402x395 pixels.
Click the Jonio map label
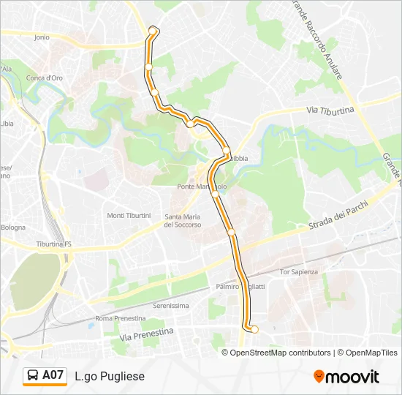coord(41,37)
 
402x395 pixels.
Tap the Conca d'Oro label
coord(44,78)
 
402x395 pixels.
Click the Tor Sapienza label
coord(300,272)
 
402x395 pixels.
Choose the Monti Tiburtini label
coord(129,216)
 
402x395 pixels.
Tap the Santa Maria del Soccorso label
coord(183,220)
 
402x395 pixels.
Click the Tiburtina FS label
coord(54,244)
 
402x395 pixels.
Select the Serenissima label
coord(171,305)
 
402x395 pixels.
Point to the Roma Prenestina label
coord(121,318)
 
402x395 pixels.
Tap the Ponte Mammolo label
coord(201,187)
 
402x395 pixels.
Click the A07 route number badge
coord(53,375)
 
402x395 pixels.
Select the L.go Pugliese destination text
coord(110,376)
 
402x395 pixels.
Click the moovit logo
coord(346,377)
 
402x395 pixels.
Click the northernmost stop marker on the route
coord(153,30)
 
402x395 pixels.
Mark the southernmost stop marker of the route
coord(254,329)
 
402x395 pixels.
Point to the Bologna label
coord(13,227)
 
